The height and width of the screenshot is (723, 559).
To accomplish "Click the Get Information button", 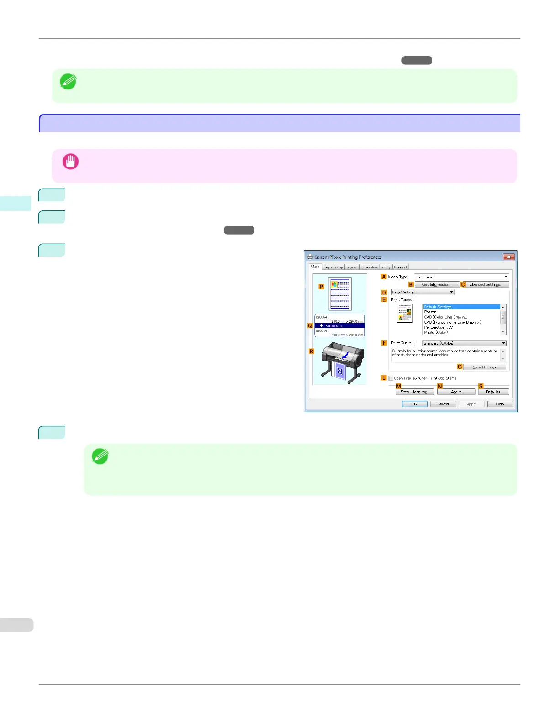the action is click(436, 284).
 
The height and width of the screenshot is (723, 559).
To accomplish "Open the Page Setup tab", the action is click(333, 267).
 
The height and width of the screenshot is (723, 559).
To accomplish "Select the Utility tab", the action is click(385, 267).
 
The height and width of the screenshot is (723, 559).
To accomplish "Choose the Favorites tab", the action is click(369, 267).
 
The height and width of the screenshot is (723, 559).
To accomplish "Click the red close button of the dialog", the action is click(509, 257).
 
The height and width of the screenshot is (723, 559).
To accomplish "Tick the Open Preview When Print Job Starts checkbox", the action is click(391, 378).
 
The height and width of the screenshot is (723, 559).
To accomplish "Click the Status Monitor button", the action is click(414, 392).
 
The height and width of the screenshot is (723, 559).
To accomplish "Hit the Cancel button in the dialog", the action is click(443, 404).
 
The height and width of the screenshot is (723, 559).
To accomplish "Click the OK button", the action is click(415, 404).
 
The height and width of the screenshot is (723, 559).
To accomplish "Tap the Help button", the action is click(500, 404).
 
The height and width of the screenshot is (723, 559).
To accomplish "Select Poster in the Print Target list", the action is click(430, 312).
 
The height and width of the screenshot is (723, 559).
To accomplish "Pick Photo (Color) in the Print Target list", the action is click(436, 332).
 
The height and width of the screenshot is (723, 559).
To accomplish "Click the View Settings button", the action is click(485, 367).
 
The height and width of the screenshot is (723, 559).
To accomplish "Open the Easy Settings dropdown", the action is click(423, 292).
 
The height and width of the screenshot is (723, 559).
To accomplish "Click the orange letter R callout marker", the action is click(311, 351).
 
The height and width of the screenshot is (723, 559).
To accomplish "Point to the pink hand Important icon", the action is click(70, 162).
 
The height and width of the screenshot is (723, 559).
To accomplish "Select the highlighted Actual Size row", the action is click(339, 326).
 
